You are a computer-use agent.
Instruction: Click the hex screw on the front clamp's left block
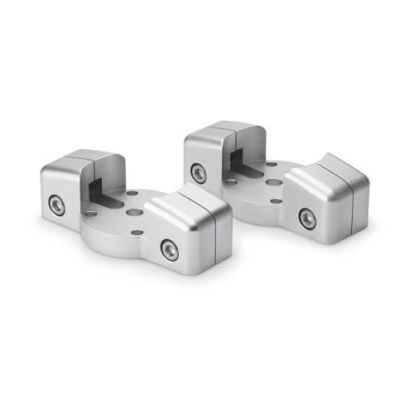56,204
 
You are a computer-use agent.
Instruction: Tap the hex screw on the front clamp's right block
169,249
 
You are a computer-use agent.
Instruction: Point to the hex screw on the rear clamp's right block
306,218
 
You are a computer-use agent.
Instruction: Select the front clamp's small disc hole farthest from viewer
133,194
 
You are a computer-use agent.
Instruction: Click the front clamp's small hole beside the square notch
91,213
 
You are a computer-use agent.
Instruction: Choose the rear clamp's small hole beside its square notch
232,181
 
